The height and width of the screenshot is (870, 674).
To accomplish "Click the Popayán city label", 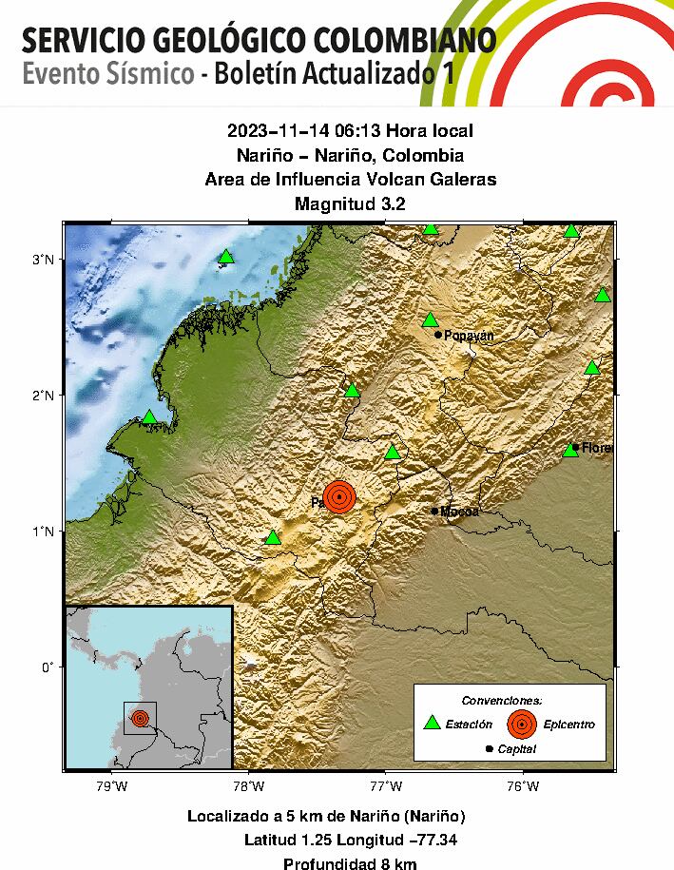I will (x=470, y=336).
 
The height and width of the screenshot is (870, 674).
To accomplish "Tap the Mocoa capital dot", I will (x=435, y=511).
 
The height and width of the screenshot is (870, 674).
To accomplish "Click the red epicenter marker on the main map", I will (x=339, y=495).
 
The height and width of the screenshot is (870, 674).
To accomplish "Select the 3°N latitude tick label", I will (x=42, y=260).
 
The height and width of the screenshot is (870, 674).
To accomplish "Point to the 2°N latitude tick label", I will (x=42, y=395).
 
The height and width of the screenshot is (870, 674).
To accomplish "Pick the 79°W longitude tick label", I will (x=112, y=785).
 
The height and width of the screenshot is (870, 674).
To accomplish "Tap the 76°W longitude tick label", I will (x=523, y=785).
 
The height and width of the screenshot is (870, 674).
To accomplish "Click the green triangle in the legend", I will (x=433, y=724).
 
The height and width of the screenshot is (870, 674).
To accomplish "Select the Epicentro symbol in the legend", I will (x=521, y=725).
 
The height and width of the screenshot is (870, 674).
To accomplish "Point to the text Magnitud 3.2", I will (x=350, y=203).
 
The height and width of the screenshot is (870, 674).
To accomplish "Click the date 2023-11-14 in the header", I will (x=274, y=130).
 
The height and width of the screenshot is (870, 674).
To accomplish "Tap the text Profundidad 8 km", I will (x=350, y=863).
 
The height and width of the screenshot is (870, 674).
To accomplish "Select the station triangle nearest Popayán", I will (x=430, y=319).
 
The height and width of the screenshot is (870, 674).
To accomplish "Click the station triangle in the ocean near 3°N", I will (x=225, y=256).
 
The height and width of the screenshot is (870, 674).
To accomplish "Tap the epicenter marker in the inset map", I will (x=141, y=718).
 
